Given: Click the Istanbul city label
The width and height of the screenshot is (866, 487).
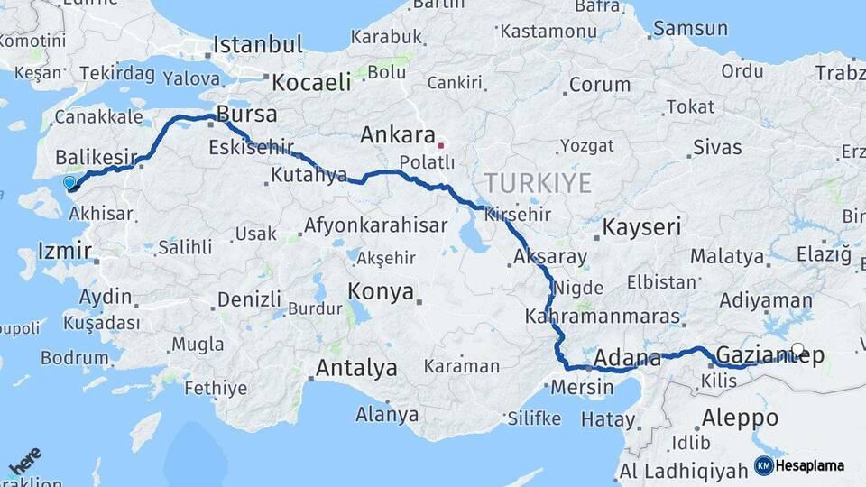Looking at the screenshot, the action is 258,45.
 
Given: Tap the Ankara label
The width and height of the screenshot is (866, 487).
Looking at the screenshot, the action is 398,136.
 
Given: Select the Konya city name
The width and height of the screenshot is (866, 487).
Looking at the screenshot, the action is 381,292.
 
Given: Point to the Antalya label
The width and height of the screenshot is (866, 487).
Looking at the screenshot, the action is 356,368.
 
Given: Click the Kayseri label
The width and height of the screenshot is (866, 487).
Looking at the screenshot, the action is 641,227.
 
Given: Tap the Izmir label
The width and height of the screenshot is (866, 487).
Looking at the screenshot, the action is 64,250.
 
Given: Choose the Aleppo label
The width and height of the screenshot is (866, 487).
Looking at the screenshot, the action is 739,418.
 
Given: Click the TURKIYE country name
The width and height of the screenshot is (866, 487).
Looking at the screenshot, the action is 537,184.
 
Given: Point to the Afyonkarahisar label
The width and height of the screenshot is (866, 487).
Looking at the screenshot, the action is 376,226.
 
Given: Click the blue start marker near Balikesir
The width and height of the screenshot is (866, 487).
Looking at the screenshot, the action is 70,183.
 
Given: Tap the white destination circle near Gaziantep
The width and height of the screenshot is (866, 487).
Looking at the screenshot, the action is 797,350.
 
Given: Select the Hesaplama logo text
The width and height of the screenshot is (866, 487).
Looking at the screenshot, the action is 810,465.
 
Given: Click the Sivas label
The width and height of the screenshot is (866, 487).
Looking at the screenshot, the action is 717,147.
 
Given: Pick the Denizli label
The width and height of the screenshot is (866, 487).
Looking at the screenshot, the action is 250,299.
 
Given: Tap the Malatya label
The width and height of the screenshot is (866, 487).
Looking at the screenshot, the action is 727,257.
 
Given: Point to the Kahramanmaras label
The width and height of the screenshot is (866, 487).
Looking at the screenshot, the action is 602,317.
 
